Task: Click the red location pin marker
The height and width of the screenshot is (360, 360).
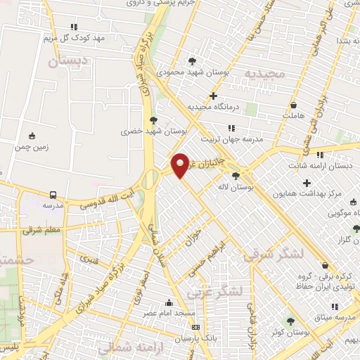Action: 180,165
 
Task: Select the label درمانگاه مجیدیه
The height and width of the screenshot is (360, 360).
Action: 214,107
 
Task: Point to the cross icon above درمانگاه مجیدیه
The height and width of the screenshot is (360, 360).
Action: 214,96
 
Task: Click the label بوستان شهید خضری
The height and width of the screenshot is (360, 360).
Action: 143,131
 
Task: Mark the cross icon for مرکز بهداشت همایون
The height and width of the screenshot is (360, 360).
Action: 307,183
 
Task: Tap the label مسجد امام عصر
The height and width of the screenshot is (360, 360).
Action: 169,312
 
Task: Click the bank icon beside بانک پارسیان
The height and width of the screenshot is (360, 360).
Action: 195,327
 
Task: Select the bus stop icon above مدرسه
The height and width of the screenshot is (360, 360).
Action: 53,195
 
